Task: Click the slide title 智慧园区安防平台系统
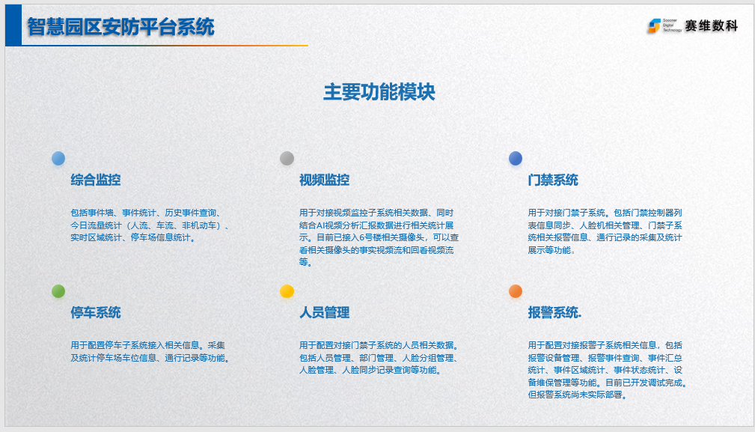(120, 26)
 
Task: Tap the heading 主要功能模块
(379, 92)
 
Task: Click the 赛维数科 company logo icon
(654, 25)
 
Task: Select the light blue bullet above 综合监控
(58, 159)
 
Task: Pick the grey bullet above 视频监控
(287, 159)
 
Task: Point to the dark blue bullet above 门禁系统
(516, 159)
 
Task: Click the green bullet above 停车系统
(58, 291)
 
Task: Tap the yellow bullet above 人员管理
(287, 291)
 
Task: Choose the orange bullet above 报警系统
(516, 291)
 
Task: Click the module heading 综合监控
(95, 180)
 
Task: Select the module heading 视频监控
(324, 180)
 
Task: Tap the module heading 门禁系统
(553, 180)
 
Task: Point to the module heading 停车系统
(95, 312)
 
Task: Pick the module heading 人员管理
(324, 312)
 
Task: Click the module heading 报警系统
(553, 312)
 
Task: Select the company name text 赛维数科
(711, 26)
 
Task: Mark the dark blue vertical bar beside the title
(13, 25)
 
